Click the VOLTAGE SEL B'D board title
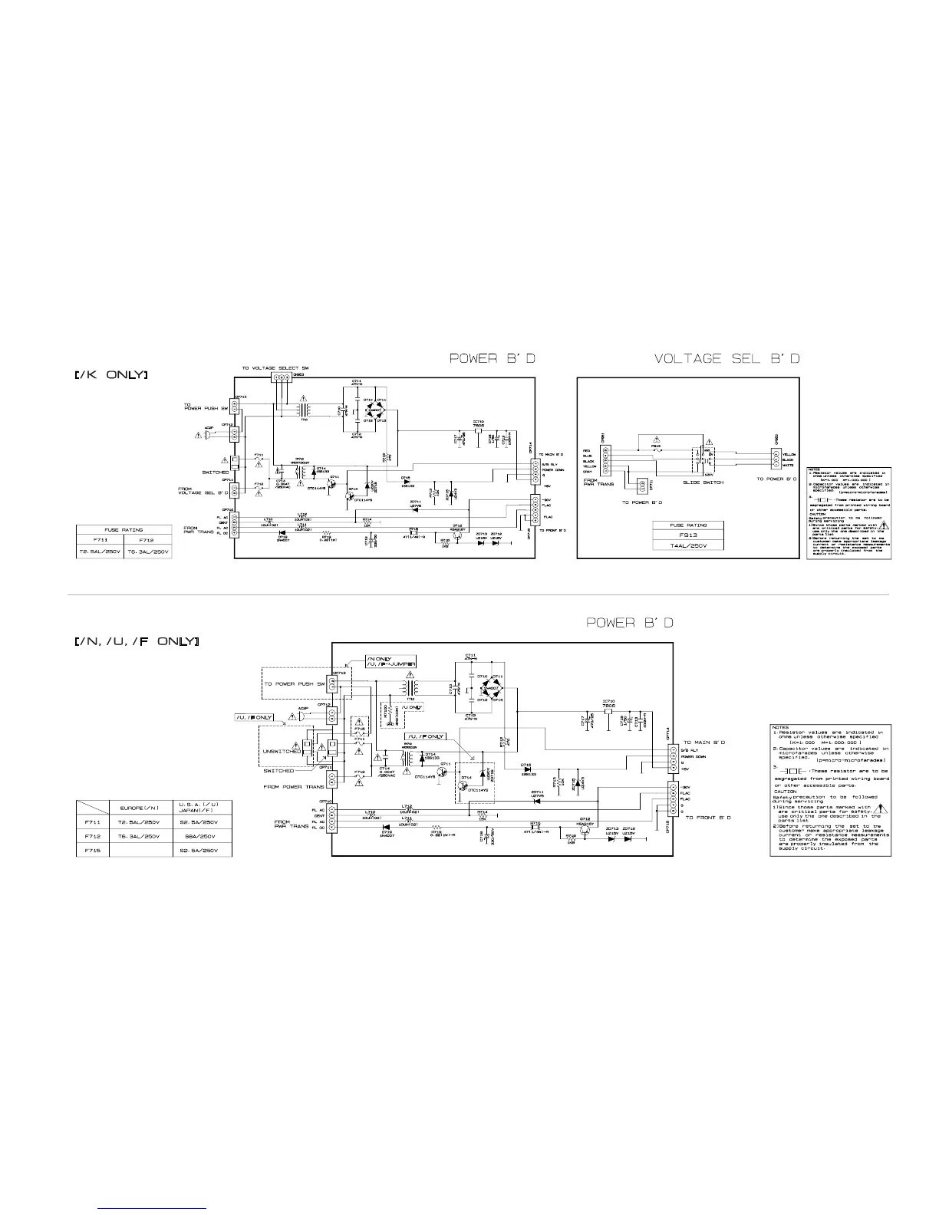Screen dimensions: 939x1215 [x=727, y=358]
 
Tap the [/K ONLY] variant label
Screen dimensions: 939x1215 [x=111, y=375]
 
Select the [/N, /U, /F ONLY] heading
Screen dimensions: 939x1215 [x=137, y=640]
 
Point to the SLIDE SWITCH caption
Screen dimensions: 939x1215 [x=703, y=482]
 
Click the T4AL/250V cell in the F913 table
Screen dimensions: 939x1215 [x=688, y=545]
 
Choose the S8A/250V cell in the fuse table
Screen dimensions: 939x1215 [x=202, y=836]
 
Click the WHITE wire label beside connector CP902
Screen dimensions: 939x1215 [x=789, y=465]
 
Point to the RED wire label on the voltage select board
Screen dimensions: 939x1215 [x=587, y=451]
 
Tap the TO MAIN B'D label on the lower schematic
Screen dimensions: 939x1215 [x=704, y=742]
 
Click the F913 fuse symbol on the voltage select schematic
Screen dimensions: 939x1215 [x=655, y=450]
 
